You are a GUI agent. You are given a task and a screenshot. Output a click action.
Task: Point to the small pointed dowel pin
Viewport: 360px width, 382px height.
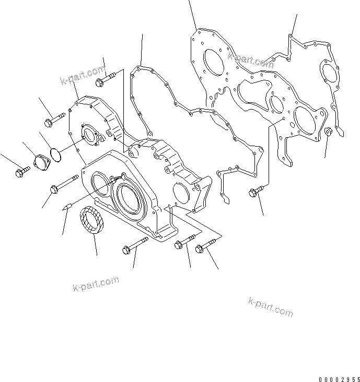point(65,207)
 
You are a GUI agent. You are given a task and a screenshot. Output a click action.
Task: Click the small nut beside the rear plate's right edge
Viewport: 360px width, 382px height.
point(328,132)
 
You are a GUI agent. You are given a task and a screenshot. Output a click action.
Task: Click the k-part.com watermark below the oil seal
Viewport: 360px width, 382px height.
point(95,284)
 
